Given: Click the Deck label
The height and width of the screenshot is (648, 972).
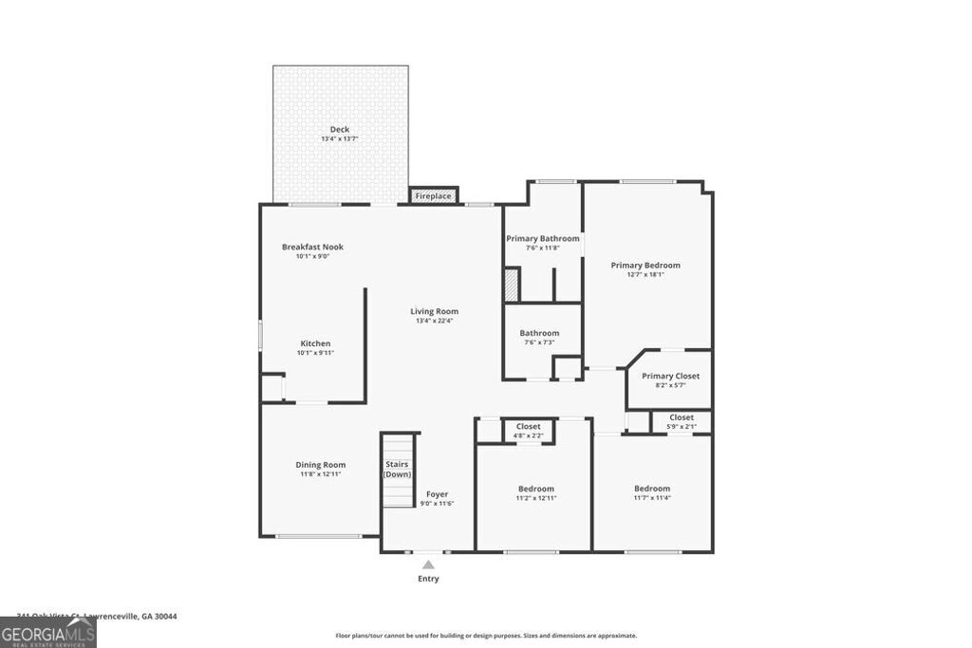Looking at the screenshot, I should tap(339, 129).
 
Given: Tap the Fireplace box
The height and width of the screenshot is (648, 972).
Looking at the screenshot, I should tap(433, 196).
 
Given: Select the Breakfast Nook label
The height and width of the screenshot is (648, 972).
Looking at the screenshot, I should tap(312, 247).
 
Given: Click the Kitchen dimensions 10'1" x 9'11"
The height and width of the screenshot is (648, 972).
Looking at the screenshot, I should tap(315, 353).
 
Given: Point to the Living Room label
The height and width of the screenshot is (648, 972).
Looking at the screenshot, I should tap(434, 311).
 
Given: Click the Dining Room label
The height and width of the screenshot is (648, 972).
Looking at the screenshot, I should tap(320, 465).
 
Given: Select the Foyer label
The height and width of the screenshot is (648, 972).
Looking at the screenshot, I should tap(437, 494).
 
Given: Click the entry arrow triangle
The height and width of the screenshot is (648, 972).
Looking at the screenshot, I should tap(428, 565).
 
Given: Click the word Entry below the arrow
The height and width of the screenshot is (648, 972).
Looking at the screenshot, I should tap(428, 579).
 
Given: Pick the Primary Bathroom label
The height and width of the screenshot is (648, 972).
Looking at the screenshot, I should tap(542, 238).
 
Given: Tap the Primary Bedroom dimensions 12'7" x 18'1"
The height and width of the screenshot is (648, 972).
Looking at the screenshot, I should tap(645, 275).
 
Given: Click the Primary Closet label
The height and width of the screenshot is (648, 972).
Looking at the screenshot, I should tap(670, 376).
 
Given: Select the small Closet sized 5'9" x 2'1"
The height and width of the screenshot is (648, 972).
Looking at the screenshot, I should tap(681, 421).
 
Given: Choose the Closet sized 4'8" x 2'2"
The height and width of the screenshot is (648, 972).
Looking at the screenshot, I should tap(529, 430).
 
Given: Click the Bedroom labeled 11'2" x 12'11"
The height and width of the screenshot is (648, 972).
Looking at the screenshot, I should tap(535, 493).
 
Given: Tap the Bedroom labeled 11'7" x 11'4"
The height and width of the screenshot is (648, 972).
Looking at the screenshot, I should tap(652, 493).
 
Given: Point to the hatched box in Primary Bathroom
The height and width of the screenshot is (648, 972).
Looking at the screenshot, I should tap(512, 286).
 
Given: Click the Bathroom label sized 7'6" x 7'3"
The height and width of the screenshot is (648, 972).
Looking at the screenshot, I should tap(539, 333).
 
